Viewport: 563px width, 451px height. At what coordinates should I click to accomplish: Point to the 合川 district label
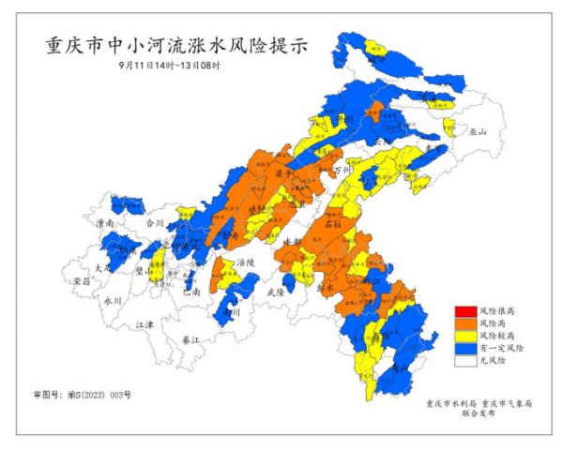point(155,223)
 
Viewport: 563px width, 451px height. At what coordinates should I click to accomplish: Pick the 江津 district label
point(145,323)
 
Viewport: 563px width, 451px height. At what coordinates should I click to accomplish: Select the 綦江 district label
point(190,338)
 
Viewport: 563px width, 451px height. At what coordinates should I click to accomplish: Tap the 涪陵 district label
point(246,263)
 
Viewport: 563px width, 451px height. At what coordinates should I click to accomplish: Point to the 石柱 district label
point(332,225)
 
